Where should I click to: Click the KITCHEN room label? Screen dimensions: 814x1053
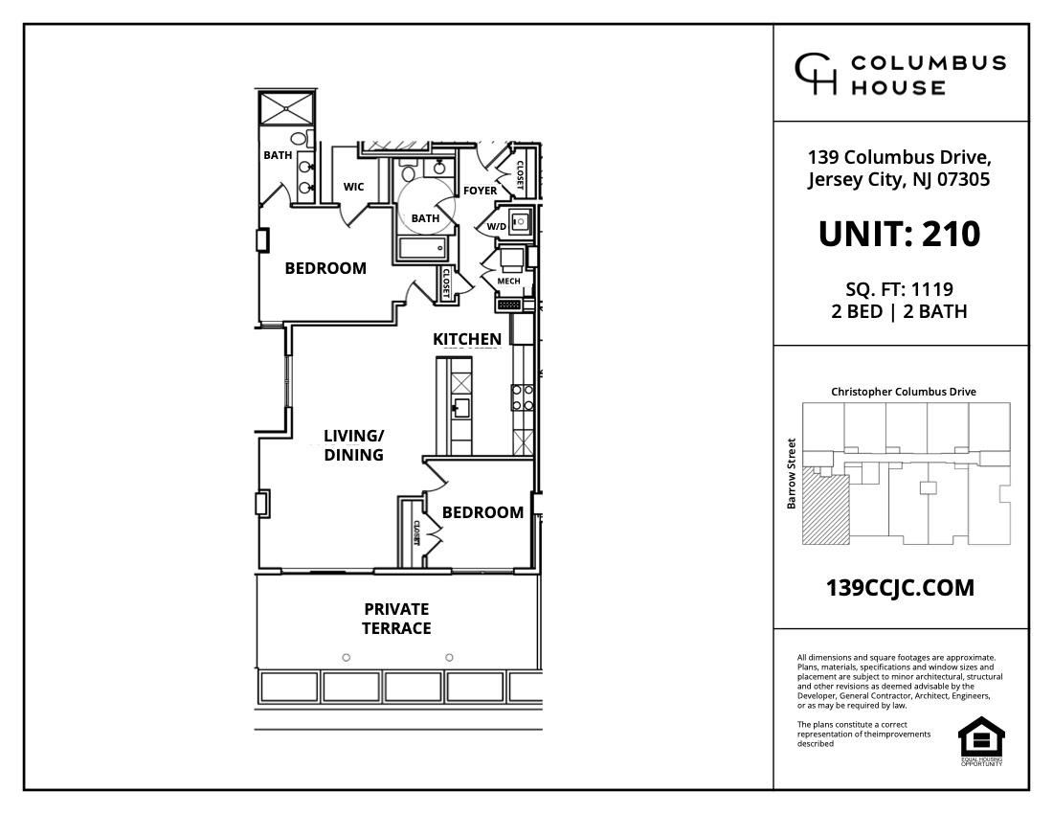click(x=467, y=339)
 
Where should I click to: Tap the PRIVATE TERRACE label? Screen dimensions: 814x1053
click(x=396, y=619)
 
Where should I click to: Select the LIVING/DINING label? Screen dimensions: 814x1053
click(x=353, y=445)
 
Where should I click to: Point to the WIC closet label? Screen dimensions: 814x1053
click(x=353, y=187)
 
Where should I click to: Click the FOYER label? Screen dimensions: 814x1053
click(x=480, y=191)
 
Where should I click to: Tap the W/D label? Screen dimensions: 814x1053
click(x=496, y=227)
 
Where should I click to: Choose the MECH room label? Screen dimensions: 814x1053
click(x=508, y=282)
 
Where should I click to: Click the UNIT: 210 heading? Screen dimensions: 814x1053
click(x=900, y=234)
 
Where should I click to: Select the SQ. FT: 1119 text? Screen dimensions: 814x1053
click(x=900, y=288)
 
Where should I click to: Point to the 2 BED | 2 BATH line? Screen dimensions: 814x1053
click(x=900, y=311)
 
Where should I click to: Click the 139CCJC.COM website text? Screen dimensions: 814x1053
click(x=900, y=588)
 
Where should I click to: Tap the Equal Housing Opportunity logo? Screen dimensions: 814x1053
click(x=981, y=740)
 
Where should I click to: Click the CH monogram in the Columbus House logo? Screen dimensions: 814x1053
click(x=817, y=75)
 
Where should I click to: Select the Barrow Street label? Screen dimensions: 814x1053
click(x=792, y=473)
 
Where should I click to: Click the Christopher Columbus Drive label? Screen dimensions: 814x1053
click(x=904, y=392)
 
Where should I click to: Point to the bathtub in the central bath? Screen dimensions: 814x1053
click(x=422, y=249)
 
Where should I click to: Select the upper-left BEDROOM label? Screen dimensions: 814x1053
click(x=325, y=268)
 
